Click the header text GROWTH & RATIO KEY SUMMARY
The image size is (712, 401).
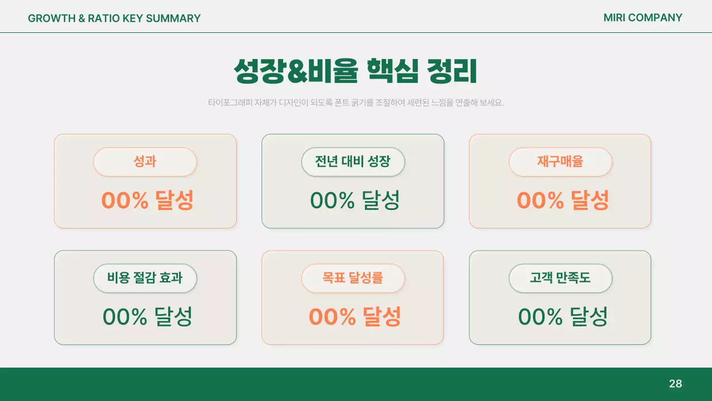click(x=114, y=18)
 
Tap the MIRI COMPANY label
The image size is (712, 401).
click(x=642, y=18)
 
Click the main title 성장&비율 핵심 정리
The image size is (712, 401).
click(x=355, y=71)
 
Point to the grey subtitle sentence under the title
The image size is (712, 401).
click(x=355, y=103)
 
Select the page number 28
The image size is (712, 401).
click(x=675, y=384)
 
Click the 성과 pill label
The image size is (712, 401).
click(x=145, y=162)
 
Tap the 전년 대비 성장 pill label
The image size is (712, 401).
click(x=353, y=162)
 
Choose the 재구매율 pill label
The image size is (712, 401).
click(x=560, y=162)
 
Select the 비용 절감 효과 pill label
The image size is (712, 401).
click(x=145, y=278)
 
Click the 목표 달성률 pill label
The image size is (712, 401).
click(x=353, y=278)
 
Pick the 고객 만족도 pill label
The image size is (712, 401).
click(x=560, y=278)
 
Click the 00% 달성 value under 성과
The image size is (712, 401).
click(x=147, y=200)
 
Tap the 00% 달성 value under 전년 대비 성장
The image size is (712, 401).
click(x=355, y=200)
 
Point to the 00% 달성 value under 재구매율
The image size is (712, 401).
click(x=563, y=200)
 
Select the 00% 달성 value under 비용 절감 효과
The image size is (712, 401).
click(x=147, y=317)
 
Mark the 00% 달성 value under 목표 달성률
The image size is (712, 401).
click(x=355, y=317)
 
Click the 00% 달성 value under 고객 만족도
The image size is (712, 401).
click(x=563, y=317)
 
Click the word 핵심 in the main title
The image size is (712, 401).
click(x=392, y=71)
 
